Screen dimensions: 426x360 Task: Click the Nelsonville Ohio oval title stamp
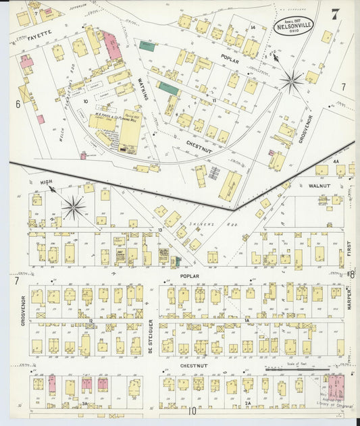(293, 26)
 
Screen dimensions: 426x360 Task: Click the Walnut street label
(318, 184)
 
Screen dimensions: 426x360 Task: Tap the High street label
(46, 182)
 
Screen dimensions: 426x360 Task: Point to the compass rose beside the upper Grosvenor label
(292, 82)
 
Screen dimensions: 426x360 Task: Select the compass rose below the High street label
(74, 207)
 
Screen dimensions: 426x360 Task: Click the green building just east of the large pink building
(147, 47)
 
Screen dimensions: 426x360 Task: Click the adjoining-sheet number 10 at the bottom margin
(192, 410)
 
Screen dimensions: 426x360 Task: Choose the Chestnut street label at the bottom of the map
(192, 365)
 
